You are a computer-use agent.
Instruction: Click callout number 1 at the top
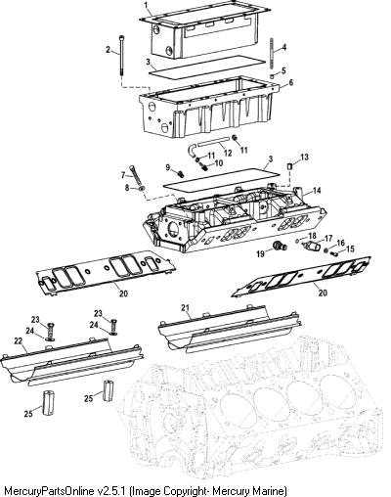146,5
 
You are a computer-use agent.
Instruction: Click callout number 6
290,82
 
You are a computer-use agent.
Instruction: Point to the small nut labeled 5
272,76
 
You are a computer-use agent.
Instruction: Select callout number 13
304,158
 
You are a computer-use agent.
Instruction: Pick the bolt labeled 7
136,174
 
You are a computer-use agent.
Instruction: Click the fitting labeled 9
180,173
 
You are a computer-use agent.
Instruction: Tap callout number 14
317,191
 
